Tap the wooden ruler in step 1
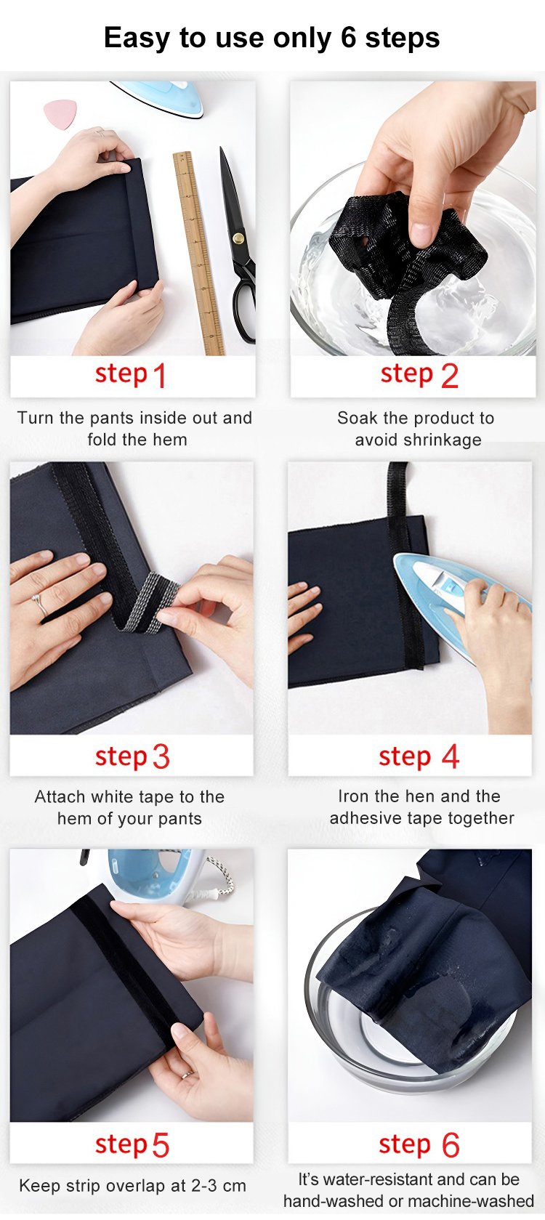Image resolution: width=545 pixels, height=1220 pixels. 198,254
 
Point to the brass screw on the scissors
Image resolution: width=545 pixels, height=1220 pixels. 238,238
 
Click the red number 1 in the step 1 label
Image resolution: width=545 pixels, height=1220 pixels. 160,376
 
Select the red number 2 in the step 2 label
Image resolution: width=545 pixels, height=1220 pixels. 449,376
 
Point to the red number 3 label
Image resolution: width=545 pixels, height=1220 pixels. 161,757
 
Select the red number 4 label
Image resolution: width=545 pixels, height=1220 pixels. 451,756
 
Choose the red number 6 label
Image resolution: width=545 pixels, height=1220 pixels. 451,1145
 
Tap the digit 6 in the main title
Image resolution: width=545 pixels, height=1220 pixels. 348,38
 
